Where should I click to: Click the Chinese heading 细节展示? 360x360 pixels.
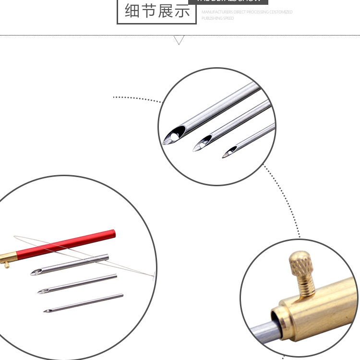(157, 11)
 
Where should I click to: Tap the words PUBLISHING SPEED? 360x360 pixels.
(217, 18)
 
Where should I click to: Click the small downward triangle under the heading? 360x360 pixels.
(180, 40)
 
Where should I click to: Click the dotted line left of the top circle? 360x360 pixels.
(137, 99)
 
